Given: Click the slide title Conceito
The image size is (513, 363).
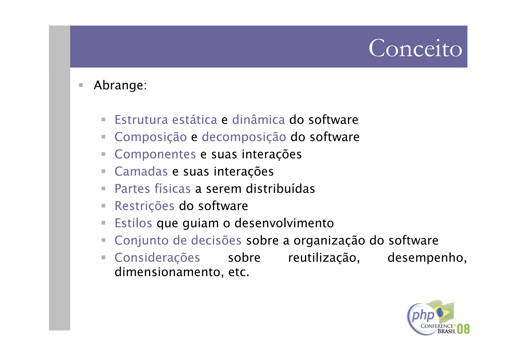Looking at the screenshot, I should (x=415, y=48).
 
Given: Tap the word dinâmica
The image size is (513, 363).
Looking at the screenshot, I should (x=258, y=120).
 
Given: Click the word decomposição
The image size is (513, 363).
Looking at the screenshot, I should (x=244, y=137).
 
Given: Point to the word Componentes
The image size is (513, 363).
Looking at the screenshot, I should (x=155, y=154).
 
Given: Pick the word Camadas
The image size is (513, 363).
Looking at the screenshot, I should (x=141, y=172).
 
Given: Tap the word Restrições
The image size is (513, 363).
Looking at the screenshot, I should (x=144, y=206).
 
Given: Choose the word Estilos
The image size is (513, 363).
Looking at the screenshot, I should (x=133, y=223).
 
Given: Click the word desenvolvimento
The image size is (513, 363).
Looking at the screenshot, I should (x=284, y=223).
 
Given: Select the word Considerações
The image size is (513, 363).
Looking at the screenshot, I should (x=157, y=258).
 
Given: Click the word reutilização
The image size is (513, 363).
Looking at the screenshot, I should (x=324, y=258).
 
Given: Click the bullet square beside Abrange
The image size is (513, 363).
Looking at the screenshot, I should (x=81, y=85).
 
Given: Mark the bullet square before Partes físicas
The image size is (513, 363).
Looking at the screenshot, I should (x=103, y=188).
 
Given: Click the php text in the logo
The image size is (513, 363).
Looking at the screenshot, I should (x=423, y=315).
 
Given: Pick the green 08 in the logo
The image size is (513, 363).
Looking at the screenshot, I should (x=463, y=329).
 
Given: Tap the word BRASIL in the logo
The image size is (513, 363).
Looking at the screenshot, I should (x=446, y=331).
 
